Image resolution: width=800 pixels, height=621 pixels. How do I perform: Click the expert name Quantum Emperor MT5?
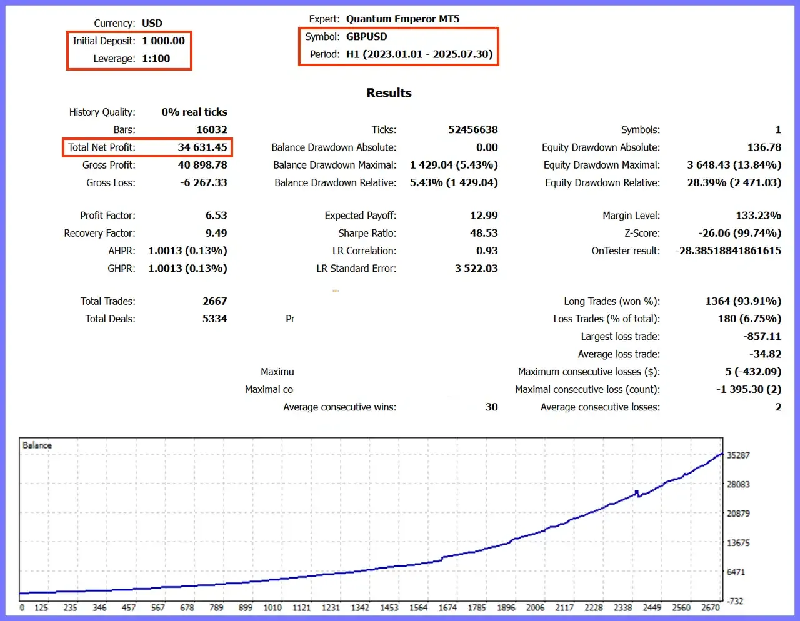point(402,19)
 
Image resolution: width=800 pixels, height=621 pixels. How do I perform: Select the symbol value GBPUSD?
point(367,37)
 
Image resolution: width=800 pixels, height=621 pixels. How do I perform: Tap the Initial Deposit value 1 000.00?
point(164,41)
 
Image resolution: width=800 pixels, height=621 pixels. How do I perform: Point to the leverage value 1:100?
point(156,59)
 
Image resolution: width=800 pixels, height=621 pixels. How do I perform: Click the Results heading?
point(389,92)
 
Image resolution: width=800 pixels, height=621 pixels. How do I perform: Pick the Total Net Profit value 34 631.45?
point(202,147)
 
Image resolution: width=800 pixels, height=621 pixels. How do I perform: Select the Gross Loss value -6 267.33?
point(204,182)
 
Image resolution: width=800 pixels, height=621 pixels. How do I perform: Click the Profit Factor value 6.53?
point(216,215)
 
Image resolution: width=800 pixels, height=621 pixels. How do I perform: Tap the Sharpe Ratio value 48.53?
point(484,233)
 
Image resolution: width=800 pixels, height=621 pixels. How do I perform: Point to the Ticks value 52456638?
point(473,129)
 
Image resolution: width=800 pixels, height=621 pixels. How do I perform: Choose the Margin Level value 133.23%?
point(758,215)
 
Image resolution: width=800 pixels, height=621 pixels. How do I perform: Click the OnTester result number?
point(728,251)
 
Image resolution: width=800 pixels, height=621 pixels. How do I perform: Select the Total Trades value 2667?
point(214,301)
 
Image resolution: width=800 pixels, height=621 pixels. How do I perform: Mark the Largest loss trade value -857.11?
point(762,336)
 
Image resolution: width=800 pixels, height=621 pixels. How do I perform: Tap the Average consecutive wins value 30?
point(491,407)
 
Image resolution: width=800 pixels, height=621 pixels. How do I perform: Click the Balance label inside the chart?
point(37,445)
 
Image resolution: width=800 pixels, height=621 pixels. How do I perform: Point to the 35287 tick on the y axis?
point(738,455)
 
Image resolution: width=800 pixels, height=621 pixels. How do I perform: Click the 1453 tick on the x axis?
point(389,607)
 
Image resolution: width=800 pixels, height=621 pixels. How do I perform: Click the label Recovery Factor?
point(99,233)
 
